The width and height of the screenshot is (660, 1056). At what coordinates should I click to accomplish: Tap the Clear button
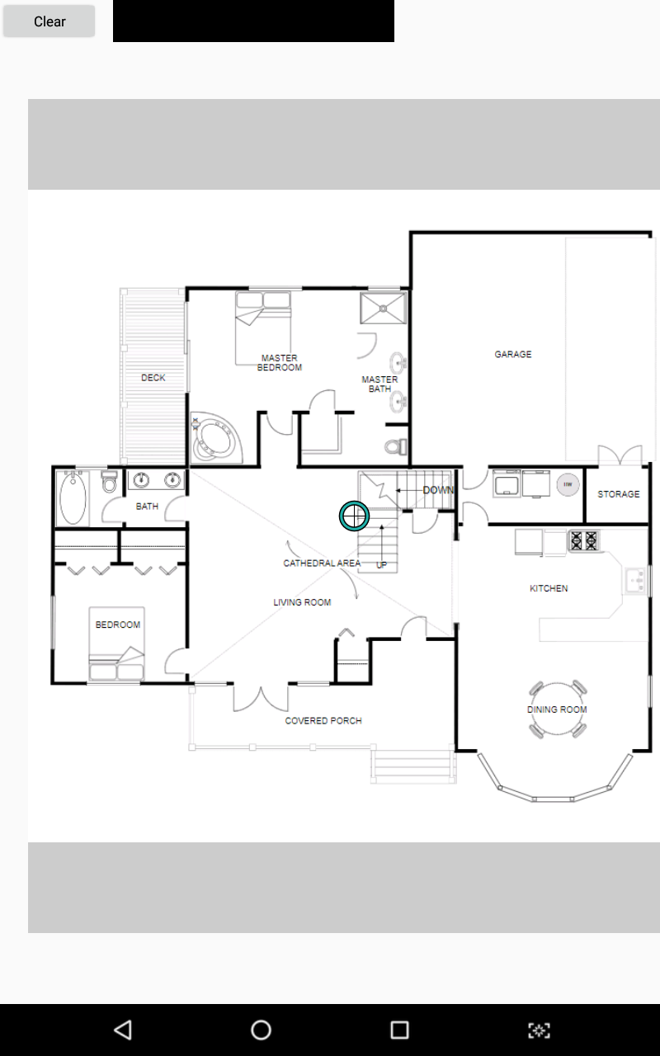pyautogui.click(x=49, y=21)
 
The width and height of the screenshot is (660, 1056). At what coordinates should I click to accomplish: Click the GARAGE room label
pyautogui.click(x=513, y=354)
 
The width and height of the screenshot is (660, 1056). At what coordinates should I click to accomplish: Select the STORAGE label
pyautogui.click(x=619, y=494)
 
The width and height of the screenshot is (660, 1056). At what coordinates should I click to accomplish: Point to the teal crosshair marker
pyautogui.click(x=354, y=516)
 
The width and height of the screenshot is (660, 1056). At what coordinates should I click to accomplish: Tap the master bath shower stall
pyautogui.click(x=384, y=309)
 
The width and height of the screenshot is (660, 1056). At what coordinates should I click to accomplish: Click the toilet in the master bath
pyautogui.click(x=396, y=446)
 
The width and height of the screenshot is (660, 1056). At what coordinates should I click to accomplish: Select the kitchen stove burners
pyautogui.click(x=583, y=540)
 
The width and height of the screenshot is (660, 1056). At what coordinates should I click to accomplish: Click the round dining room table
pyautogui.click(x=557, y=709)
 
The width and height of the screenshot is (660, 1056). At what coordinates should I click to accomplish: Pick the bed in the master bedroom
pyautogui.click(x=263, y=328)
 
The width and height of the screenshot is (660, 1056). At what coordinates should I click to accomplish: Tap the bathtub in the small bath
pyautogui.click(x=73, y=497)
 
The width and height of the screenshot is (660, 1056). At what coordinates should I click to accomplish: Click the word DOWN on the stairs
pyautogui.click(x=438, y=490)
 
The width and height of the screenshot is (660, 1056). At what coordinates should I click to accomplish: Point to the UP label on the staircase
pyautogui.click(x=381, y=565)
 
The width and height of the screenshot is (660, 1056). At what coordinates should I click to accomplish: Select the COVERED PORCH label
pyautogui.click(x=323, y=721)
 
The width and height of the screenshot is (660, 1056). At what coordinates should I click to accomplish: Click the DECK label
pyautogui.click(x=153, y=378)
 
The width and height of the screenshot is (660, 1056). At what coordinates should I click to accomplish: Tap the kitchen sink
pyautogui.click(x=635, y=581)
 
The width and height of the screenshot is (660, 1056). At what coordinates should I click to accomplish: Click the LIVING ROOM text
pyautogui.click(x=302, y=602)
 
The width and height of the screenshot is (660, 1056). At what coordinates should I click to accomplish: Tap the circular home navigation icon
pyautogui.click(x=261, y=1030)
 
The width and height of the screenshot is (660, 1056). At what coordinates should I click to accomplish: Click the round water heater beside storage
pyautogui.click(x=568, y=484)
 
